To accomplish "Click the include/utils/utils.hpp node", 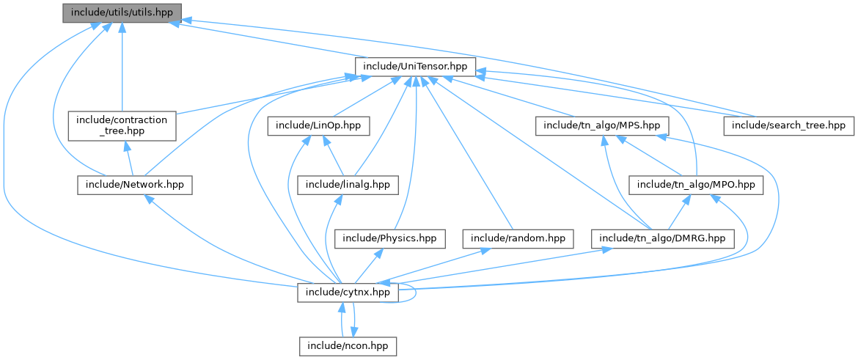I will coord(121,13).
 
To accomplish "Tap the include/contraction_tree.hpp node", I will coord(122,125).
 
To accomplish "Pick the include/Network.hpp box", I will coord(134,185).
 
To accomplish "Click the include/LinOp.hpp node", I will coord(318,125).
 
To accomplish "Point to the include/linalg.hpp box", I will coord(348,185).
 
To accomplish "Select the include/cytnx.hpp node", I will coord(348,293).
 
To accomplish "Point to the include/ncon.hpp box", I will coord(348,345).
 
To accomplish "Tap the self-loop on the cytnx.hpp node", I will coord(415,293).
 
